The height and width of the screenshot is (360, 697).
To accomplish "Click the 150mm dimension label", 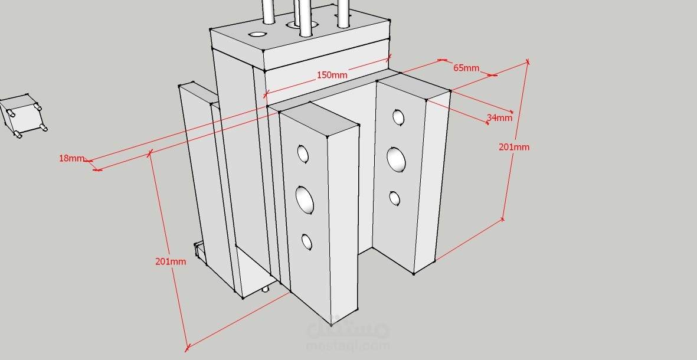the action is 332,75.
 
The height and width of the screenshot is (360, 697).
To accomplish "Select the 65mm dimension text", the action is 466,68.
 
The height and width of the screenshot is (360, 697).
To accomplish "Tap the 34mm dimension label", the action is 499,118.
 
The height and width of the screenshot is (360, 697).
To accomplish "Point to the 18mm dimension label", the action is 71,158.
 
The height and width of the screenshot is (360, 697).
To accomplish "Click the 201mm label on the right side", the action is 514,147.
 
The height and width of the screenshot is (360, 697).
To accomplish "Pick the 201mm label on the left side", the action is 170,261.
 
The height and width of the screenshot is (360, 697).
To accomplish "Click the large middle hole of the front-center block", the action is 305,199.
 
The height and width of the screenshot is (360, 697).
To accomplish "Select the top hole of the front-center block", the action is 303,154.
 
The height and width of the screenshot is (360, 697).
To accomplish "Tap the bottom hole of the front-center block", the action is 307,242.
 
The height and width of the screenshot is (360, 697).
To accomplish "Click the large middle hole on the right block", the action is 395,159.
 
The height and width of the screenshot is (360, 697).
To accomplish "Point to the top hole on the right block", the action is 398,117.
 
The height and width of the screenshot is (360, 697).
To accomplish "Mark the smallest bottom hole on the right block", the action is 394,198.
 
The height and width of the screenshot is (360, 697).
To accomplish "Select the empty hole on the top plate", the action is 257,34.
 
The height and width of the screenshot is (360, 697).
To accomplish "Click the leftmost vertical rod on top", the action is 268,12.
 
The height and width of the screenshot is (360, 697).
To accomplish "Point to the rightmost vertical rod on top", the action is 343,14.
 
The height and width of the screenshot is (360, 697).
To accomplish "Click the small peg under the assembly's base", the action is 266,289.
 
